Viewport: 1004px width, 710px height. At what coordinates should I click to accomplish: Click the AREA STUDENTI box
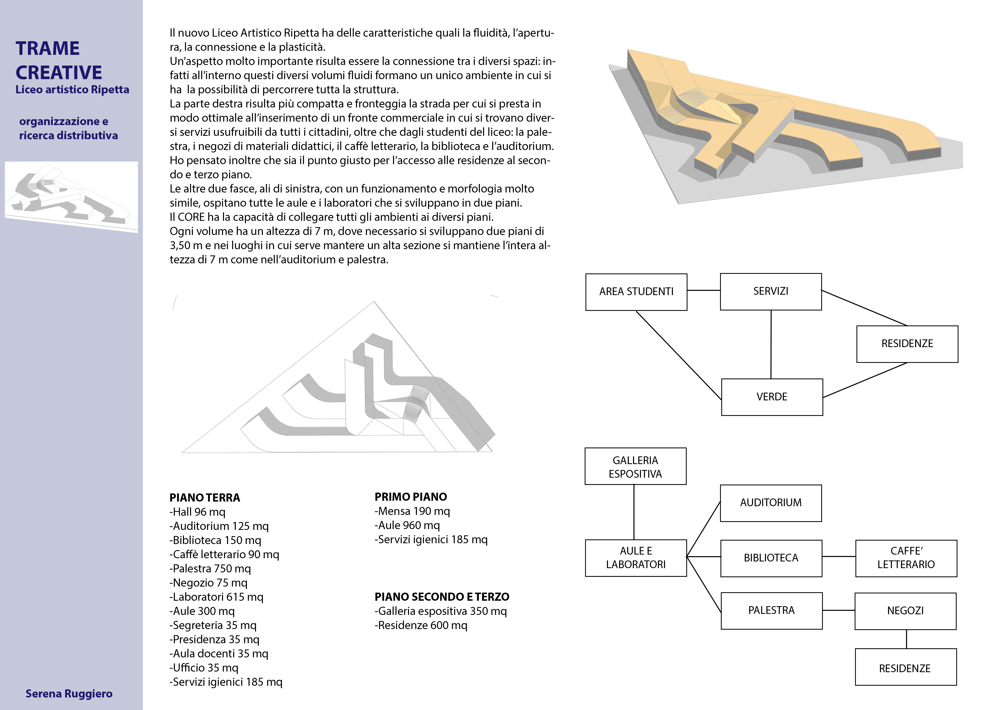(636, 292)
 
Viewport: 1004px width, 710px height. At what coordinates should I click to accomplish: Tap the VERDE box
(772, 396)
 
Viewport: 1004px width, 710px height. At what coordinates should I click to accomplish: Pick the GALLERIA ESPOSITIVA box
(635, 467)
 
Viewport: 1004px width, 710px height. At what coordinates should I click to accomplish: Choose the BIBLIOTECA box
(771, 558)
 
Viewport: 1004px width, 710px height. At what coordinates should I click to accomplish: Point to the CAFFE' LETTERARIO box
(906, 558)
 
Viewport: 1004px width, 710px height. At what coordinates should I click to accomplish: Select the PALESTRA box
(771, 610)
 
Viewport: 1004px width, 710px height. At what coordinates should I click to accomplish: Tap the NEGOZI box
(905, 611)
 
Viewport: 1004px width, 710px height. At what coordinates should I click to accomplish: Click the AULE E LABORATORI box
(636, 558)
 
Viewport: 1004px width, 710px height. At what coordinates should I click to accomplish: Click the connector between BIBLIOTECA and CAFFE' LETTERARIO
(839, 557)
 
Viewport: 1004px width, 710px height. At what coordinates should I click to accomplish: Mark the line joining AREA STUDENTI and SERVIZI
(704, 290)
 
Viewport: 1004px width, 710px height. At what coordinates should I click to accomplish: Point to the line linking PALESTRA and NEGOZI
(839, 610)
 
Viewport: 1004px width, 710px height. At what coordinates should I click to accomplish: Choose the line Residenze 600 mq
(421, 626)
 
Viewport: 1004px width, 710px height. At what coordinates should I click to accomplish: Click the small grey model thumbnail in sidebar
(71, 197)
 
